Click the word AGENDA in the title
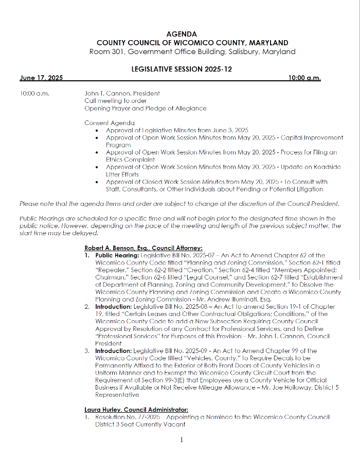pyautogui.click(x=182, y=34)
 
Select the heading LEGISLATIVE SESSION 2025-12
pyautogui.click(x=182, y=69)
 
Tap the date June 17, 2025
pyautogui.click(x=41, y=78)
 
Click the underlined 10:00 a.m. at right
pyautogui.click(x=304, y=78)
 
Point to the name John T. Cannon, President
pyautogui.click(x=122, y=94)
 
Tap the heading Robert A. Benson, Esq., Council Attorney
pyautogui.click(x=143, y=248)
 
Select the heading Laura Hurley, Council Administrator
pyautogui.click(x=136, y=410)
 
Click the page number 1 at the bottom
pyautogui.click(x=182, y=440)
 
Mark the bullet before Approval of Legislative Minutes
pyautogui.click(x=97, y=131)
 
